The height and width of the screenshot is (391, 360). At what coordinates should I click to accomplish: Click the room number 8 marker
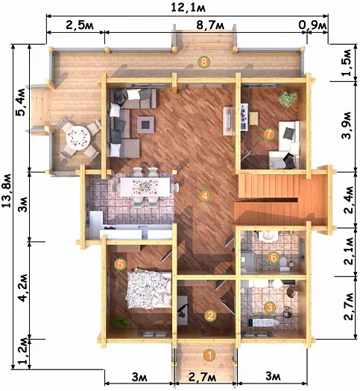click(x=203, y=62)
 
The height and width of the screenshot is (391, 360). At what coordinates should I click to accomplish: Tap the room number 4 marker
click(x=204, y=196)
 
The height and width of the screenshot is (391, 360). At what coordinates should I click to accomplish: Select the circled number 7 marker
click(x=268, y=134)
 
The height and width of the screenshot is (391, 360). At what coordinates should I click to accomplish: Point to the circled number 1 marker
click(x=209, y=355)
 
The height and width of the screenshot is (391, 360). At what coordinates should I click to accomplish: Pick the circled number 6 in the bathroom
click(x=274, y=257)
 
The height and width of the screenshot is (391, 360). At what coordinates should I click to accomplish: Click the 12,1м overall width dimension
click(x=188, y=7)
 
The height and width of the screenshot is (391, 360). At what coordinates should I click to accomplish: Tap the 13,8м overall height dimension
click(x=7, y=191)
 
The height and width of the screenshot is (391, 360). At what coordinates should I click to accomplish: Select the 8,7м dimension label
click(x=210, y=25)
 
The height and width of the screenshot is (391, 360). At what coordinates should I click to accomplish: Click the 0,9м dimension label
click(x=312, y=25)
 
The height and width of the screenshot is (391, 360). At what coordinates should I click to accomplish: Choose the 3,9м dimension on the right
click(x=347, y=125)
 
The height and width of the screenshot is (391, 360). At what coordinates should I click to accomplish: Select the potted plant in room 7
click(x=288, y=98)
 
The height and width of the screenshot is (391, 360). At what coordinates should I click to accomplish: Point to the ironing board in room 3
click(x=263, y=322)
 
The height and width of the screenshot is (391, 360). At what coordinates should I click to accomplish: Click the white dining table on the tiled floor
click(x=145, y=186)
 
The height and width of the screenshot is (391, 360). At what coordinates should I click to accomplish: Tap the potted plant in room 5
click(x=121, y=322)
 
